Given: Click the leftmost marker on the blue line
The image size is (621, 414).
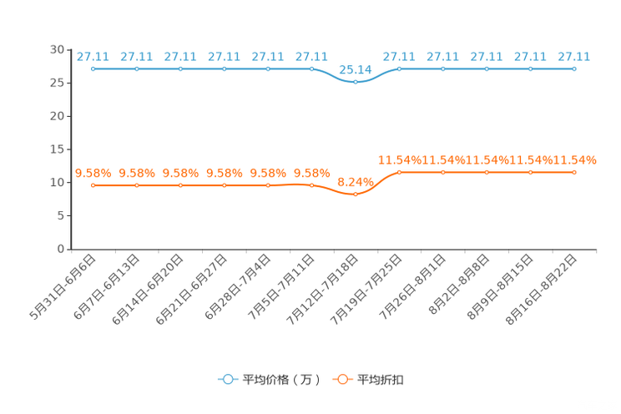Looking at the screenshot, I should [x=93, y=68].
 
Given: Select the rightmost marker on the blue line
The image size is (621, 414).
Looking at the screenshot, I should [x=574, y=68].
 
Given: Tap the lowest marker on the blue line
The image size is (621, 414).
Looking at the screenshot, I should [x=356, y=82].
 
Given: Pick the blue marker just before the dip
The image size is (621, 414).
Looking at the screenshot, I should [x=311, y=68].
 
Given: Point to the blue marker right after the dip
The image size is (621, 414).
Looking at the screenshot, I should [x=399, y=68].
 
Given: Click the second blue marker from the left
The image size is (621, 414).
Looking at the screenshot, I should [x=137, y=68].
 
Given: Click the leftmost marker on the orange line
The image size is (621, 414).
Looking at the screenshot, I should [x=93, y=184].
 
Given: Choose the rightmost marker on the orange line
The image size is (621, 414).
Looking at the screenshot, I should [x=574, y=172].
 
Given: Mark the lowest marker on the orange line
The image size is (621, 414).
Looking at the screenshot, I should [x=356, y=194].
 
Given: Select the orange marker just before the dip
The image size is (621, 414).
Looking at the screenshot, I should [x=311, y=184].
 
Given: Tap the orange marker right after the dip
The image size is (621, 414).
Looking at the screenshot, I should [x=399, y=172].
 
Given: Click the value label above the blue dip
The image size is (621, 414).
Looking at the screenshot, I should [x=356, y=69].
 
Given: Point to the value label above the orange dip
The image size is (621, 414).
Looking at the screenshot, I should [x=356, y=180].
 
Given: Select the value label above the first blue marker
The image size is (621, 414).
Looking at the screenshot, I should [x=93, y=57].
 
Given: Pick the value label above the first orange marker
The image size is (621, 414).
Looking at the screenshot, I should [x=93, y=173].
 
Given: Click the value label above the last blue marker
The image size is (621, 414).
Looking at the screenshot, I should [x=574, y=57].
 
